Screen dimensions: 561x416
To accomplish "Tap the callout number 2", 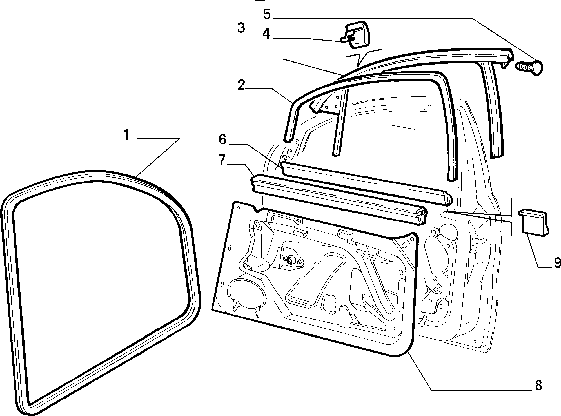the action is click(242, 85).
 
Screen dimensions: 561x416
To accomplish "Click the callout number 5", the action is click(267, 14).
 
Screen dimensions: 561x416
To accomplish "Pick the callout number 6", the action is click(222, 140).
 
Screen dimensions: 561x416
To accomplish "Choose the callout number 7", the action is click(222, 160).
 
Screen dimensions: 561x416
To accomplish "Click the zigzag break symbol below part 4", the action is click(363, 58).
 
